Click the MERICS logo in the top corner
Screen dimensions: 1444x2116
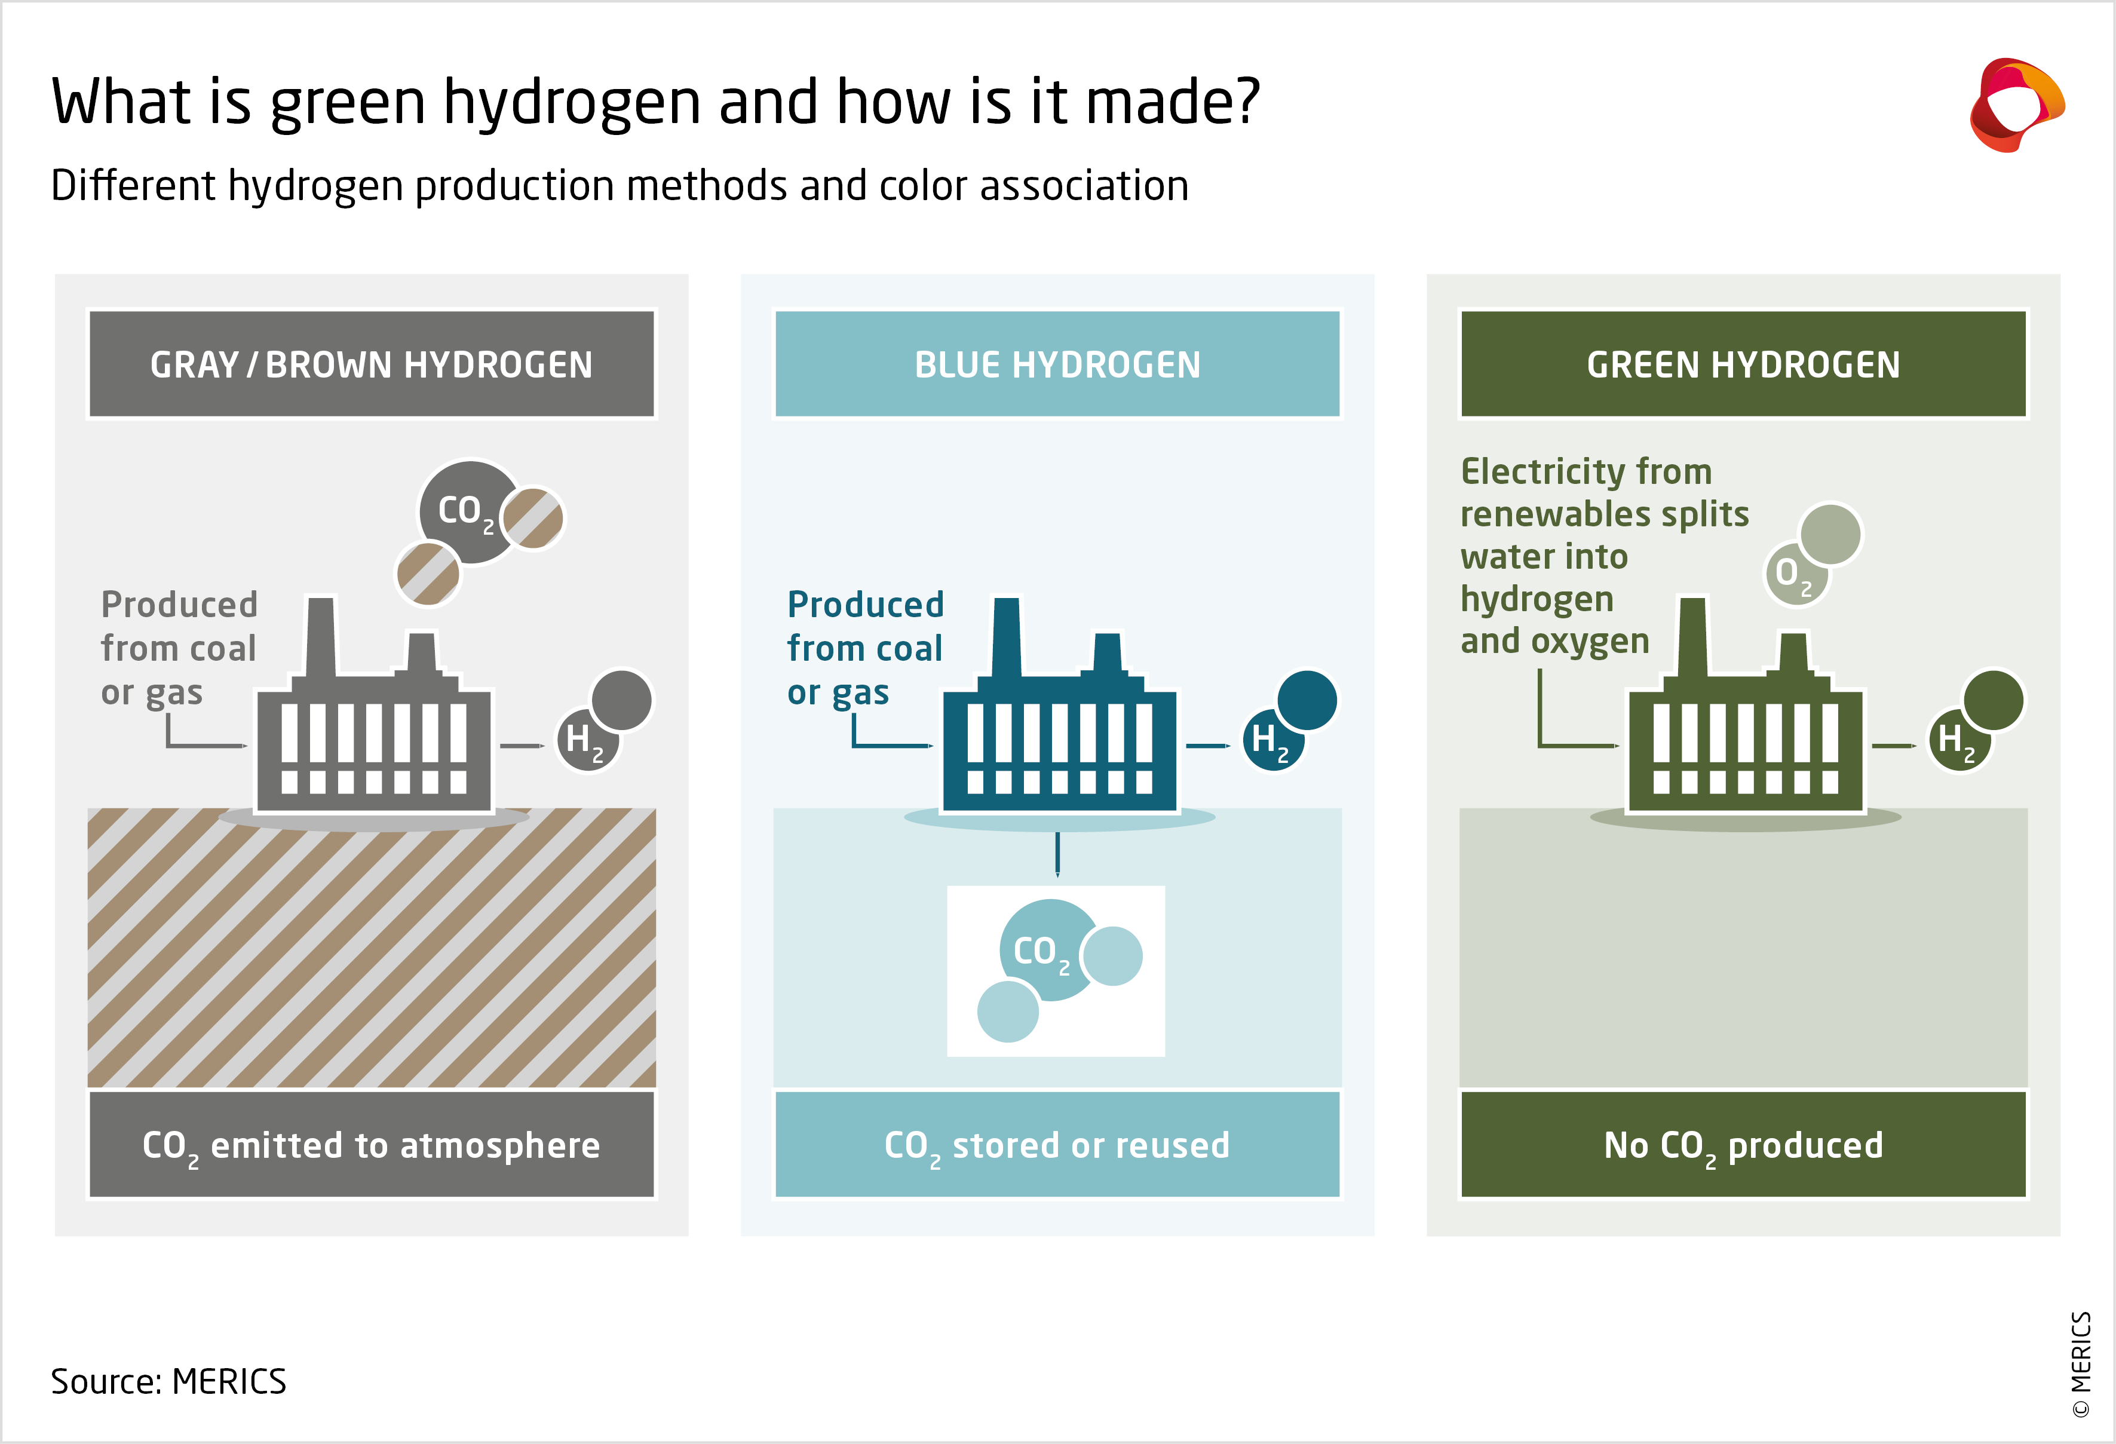pyautogui.click(x=2016, y=105)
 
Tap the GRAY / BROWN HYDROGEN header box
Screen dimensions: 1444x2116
pyautogui.click(x=372, y=364)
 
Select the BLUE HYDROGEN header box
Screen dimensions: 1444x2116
pyautogui.click(x=1057, y=364)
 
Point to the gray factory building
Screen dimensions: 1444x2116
pyautogui.click(x=373, y=737)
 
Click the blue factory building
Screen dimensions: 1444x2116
pyautogui.click(x=1059, y=737)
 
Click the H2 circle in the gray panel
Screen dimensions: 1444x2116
pyautogui.click(x=585, y=739)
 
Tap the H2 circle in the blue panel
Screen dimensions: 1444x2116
pyautogui.click(x=1271, y=739)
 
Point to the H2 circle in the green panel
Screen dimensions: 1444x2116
pyautogui.click(x=1958, y=739)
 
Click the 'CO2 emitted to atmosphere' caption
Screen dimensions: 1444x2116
pyautogui.click(x=372, y=1145)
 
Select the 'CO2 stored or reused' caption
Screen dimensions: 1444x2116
pyautogui.click(x=1057, y=1145)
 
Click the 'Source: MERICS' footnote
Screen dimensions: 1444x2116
pyautogui.click(x=168, y=1381)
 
